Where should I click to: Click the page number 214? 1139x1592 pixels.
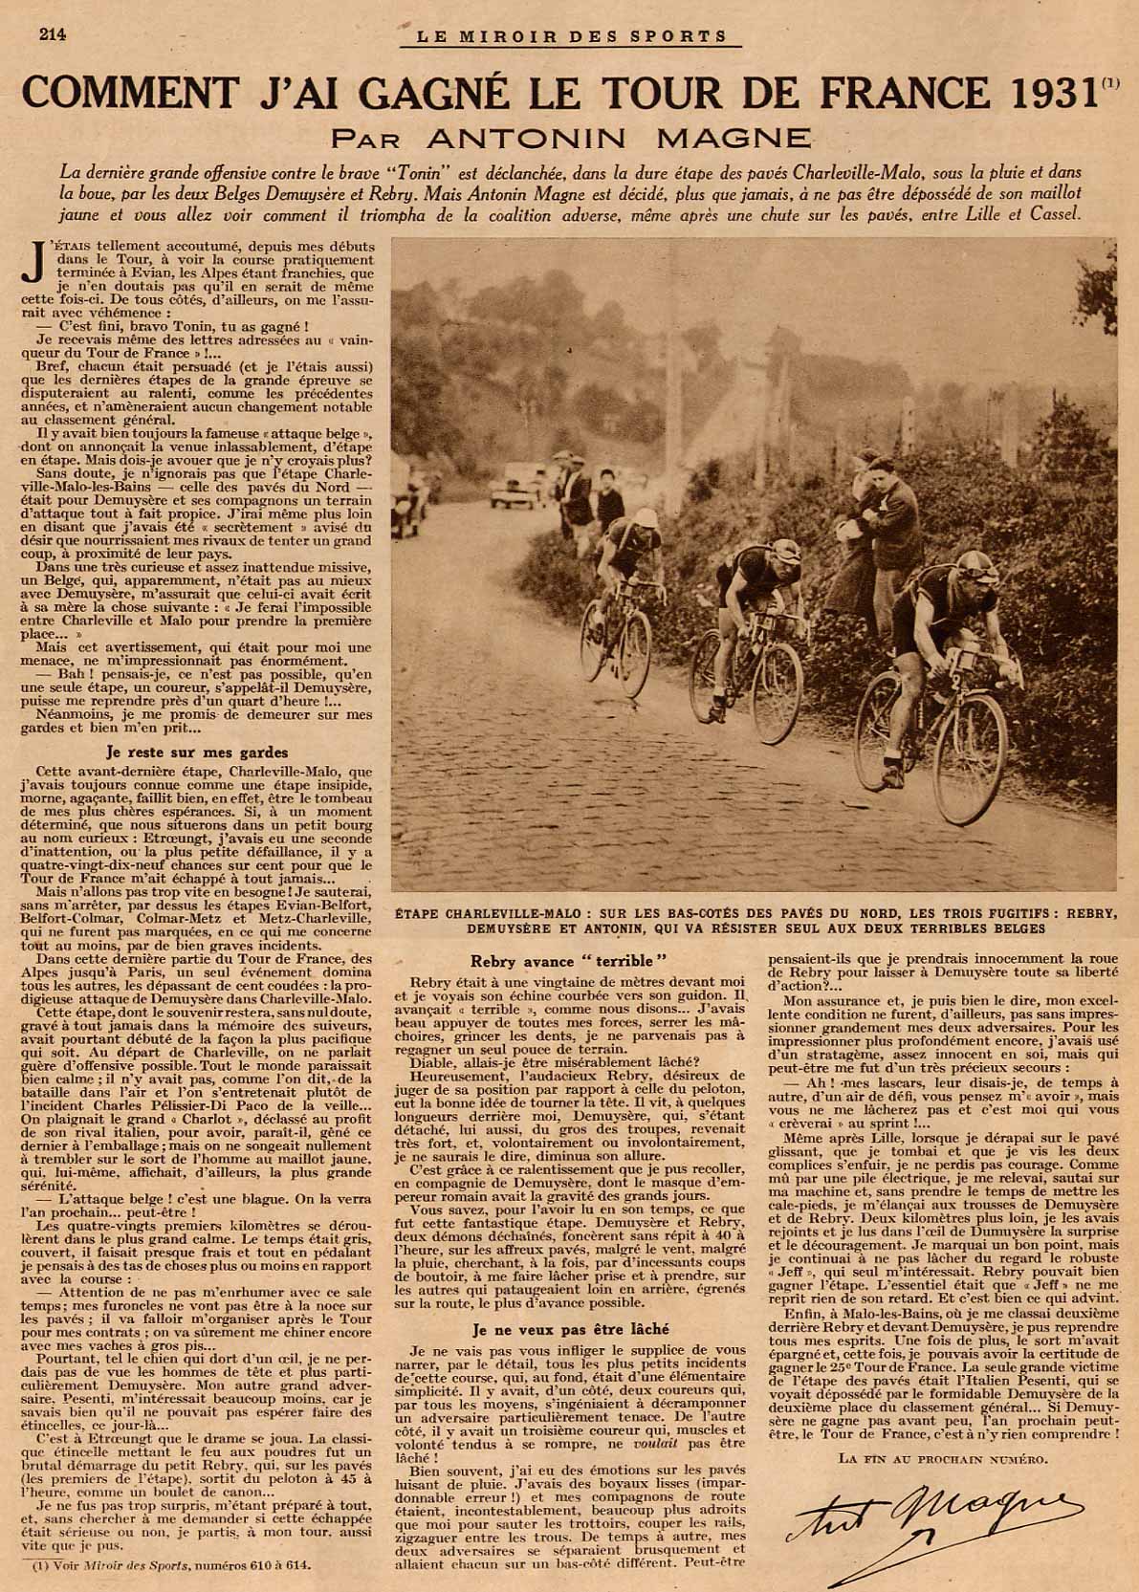click(x=52, y=35)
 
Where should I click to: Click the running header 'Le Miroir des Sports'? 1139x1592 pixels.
click(x=580, y=37)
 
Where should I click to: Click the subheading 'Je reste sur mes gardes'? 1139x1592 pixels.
click(x=196, y=752)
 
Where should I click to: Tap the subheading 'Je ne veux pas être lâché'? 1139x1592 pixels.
click(x=570, y=1329)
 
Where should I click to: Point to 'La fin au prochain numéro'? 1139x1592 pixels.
click(x=942, y=1458)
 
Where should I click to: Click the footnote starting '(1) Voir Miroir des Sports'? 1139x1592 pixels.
click(x=172, y=1566)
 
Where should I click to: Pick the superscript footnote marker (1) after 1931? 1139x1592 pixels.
click(x=1109, y=82)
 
